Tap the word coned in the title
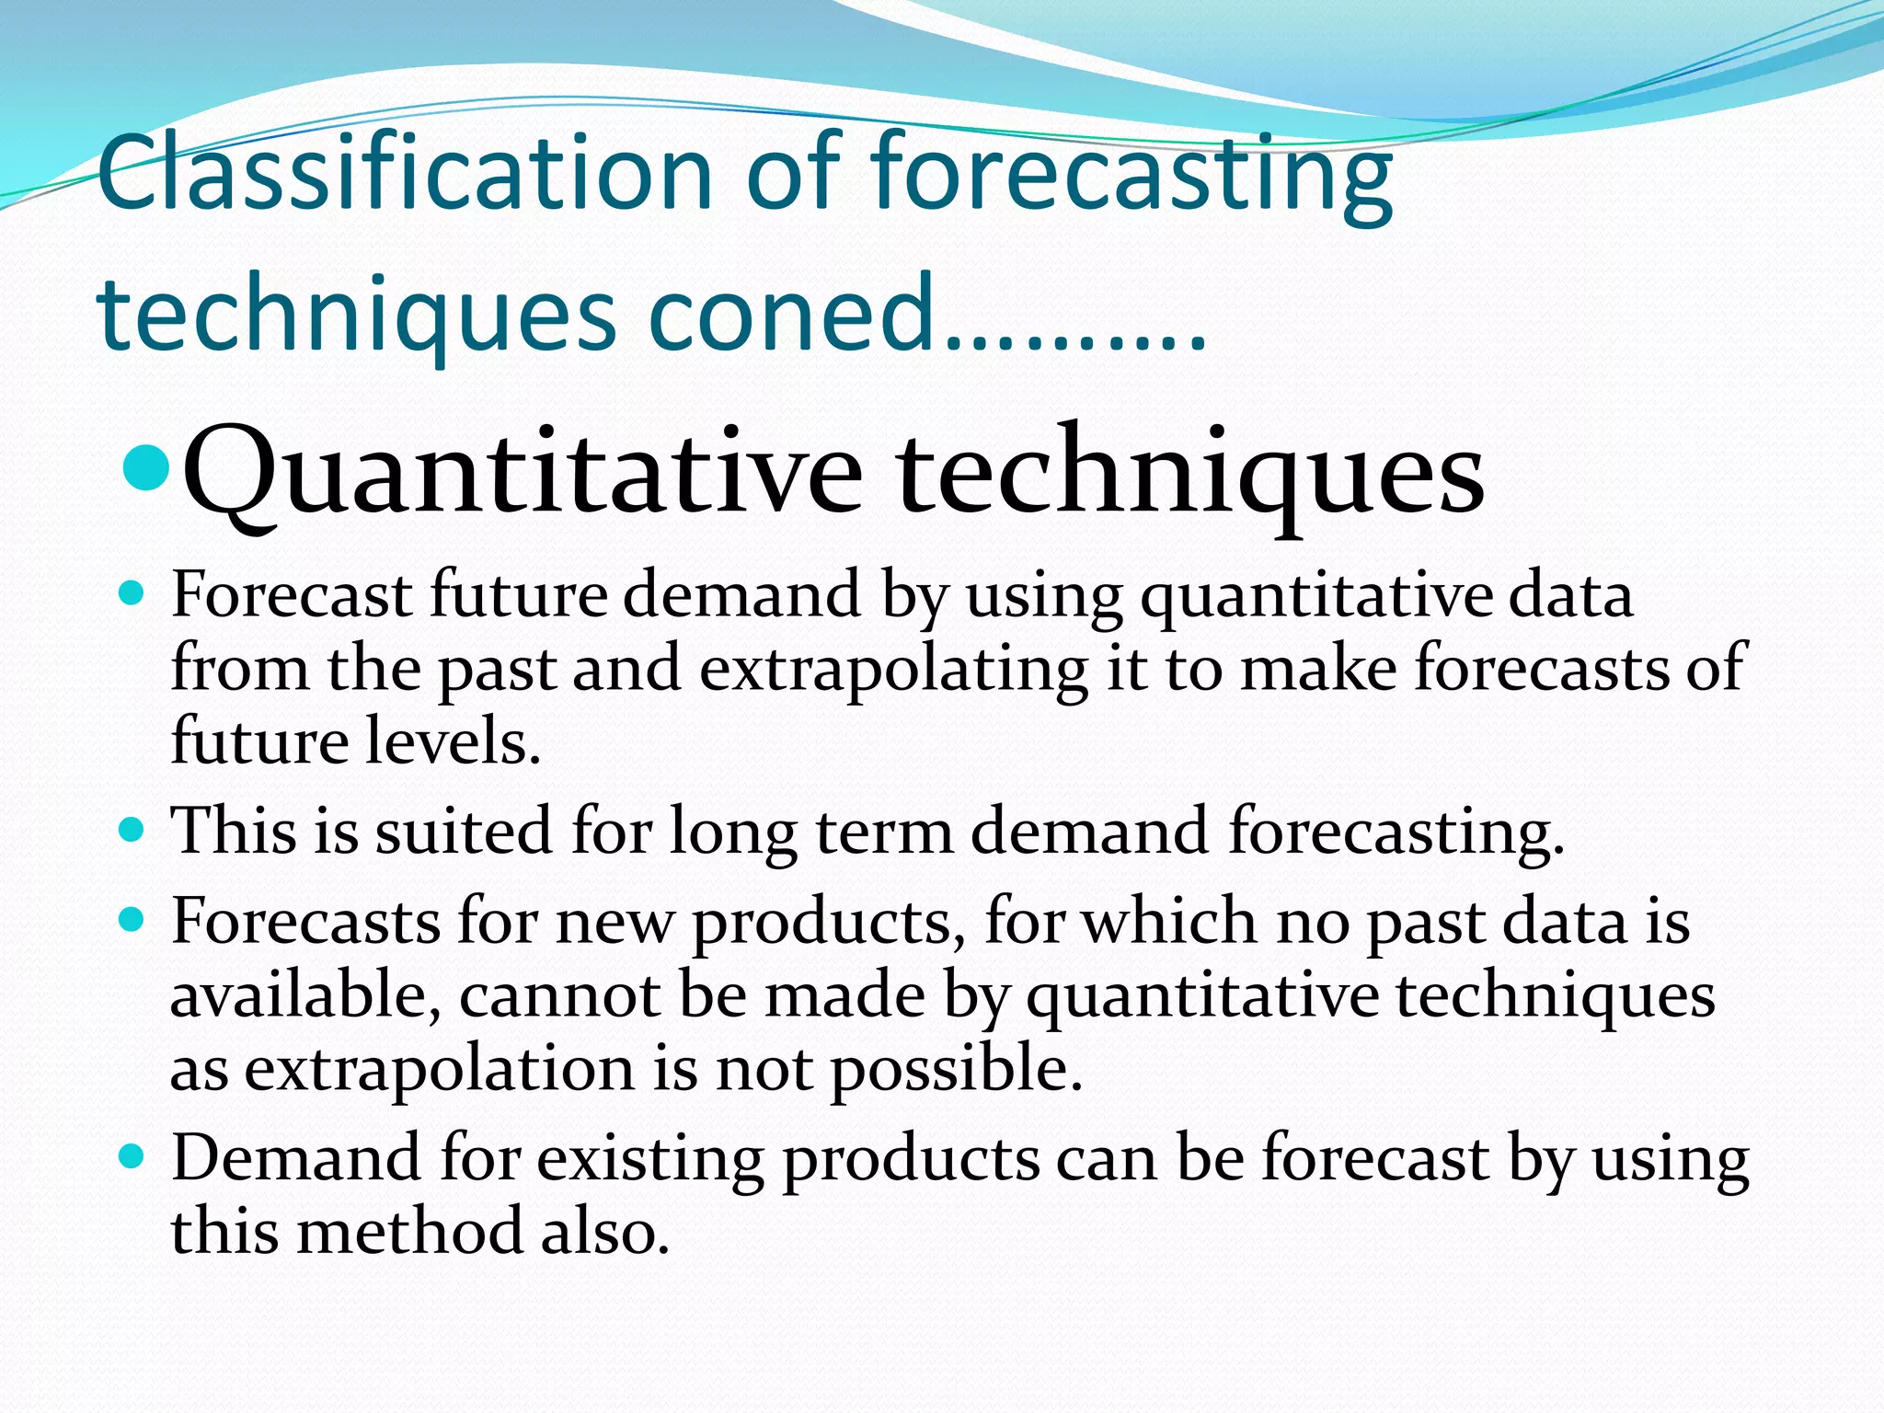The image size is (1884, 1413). (791, 314)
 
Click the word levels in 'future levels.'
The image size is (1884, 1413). (453, 741)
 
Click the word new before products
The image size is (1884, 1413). (615, 922)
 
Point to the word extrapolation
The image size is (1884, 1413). (439, 1070)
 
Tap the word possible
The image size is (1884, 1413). (956, 1070)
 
